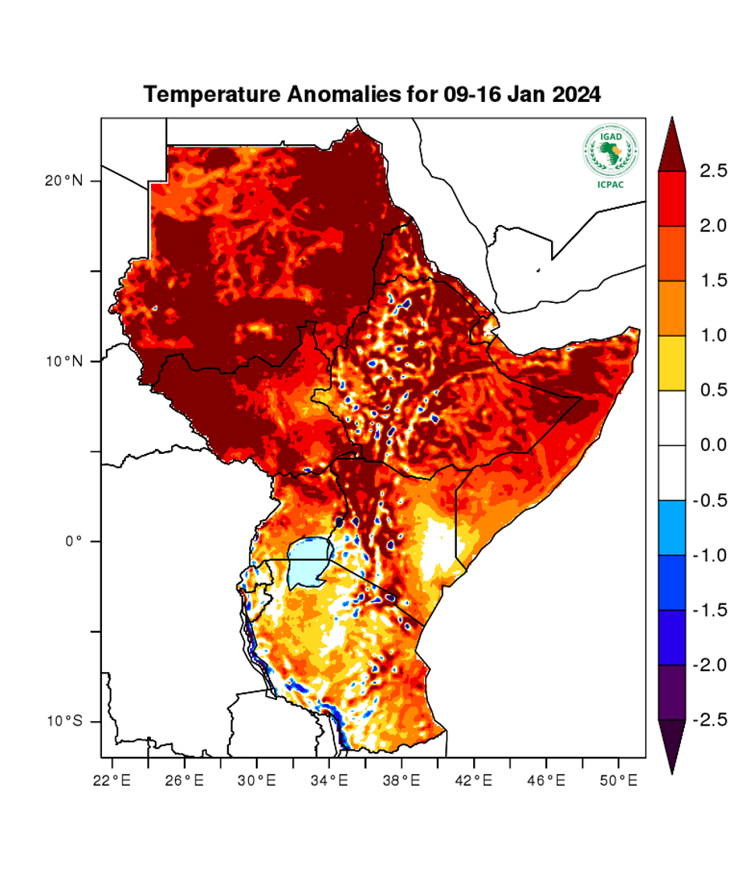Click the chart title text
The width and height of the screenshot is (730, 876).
coord(373,95)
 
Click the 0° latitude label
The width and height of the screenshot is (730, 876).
coord(73,541)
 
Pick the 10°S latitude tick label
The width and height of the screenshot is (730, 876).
coord(64,722)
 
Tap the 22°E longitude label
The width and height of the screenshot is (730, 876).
coord(112,779)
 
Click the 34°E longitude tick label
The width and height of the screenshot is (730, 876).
coord(328,779)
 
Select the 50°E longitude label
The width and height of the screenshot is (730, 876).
coord(618,779)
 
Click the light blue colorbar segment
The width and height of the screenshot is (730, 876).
coord(672,527)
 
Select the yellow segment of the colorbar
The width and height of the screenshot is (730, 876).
coord(672,363)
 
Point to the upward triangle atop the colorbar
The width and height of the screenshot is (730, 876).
coord(672,144)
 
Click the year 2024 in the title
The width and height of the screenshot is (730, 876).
coord(577,95)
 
